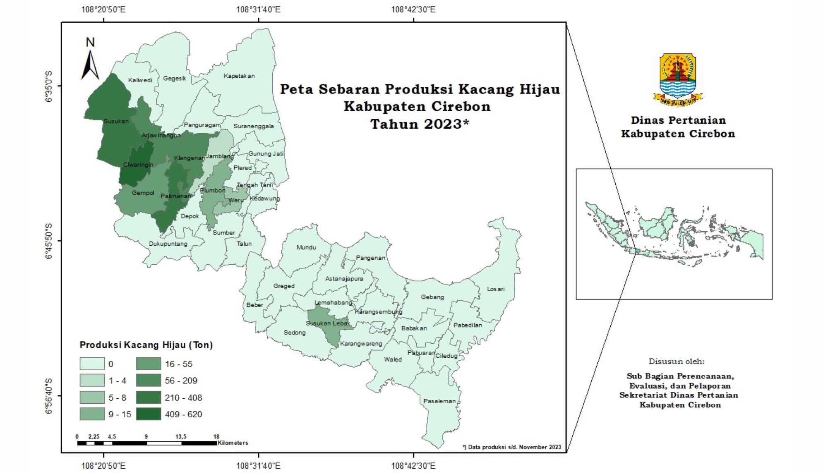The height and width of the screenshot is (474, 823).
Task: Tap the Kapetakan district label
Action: pyautogui.click(x=239, y=76)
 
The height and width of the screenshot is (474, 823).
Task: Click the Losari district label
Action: pyautogui.click(x=496, y=289)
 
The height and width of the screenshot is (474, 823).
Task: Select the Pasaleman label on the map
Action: pyautogui.click(x=439, y=401)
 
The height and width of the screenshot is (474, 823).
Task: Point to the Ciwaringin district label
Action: pyautogui.click(x=138, y=165)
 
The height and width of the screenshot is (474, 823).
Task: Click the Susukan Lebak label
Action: pyautogui.click(x=328, y=323)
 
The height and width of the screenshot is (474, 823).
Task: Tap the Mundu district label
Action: pyautogui.click(x=306, y=247)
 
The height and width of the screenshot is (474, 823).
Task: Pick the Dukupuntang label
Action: pyautogui.click(x=168, y=244)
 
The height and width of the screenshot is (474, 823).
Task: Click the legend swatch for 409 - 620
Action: pyautogui.click(x=149, y=414)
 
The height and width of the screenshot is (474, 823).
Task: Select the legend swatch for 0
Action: pyautogui.click(x=92, y=364)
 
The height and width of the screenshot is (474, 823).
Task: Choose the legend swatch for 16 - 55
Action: pyautogui.click(x=149, y=364)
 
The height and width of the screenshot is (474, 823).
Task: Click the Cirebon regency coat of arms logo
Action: pyautogui.click(x=678, y=79)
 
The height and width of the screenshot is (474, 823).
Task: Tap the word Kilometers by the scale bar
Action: pyautogui.click(x=233, y=443)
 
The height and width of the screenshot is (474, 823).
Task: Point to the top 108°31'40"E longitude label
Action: pyautogui.click(x=258, y=9)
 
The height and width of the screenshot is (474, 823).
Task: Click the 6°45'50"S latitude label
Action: pyautogui.click(x=49, y=241)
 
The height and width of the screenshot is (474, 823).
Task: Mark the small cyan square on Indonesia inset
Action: pyautogui.click(x=638, y=251)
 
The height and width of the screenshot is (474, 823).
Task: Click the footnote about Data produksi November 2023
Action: pyautogui.click(x=512, y=447)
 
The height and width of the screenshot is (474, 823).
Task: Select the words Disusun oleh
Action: pyautogui.click(x=676, y=361)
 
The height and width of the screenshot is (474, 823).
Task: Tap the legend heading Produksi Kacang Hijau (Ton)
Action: pyautogui.click(x=146, y=345)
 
